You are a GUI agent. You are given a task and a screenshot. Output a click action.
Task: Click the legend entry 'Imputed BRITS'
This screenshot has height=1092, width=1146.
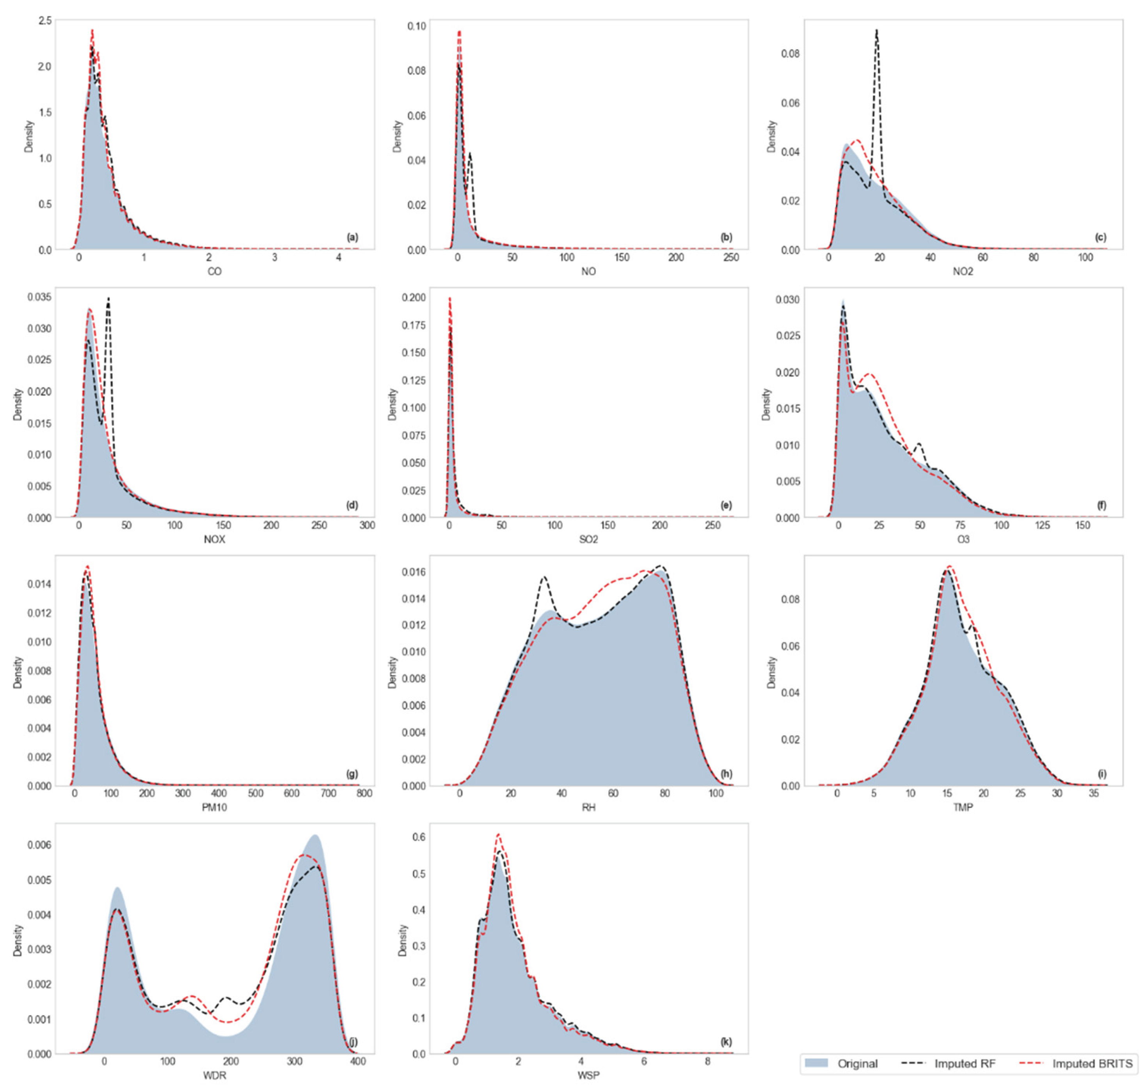point(1092,1064)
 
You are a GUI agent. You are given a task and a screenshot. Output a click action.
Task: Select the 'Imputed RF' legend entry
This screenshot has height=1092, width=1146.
point(965,1064)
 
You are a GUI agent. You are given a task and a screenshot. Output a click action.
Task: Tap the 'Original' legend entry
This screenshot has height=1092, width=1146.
point(857,1064)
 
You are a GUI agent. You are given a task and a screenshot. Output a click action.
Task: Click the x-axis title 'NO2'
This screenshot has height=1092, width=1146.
point(963,272)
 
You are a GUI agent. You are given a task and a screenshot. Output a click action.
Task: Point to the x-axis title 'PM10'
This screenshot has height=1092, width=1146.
point(215,808)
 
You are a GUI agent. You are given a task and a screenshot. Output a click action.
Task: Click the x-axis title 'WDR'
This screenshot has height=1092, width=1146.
point(215,1076)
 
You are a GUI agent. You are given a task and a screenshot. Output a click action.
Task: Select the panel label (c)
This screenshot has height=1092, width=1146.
point(1100,238)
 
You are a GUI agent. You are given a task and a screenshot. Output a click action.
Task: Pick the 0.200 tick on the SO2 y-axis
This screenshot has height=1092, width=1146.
point(414,297)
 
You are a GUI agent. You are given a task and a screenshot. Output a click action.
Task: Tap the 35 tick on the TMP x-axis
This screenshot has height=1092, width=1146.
point(1094,793)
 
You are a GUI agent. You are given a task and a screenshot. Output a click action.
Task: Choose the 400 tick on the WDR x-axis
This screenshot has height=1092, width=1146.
point(358,1061)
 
